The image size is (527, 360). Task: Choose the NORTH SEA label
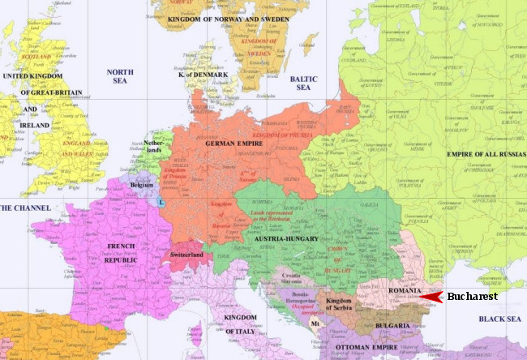point(120,77)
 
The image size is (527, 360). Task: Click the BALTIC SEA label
point(302,82)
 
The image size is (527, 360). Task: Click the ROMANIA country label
point(405,290)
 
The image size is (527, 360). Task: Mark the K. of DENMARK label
point(204,75)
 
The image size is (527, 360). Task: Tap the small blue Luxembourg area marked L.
point(162,201)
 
